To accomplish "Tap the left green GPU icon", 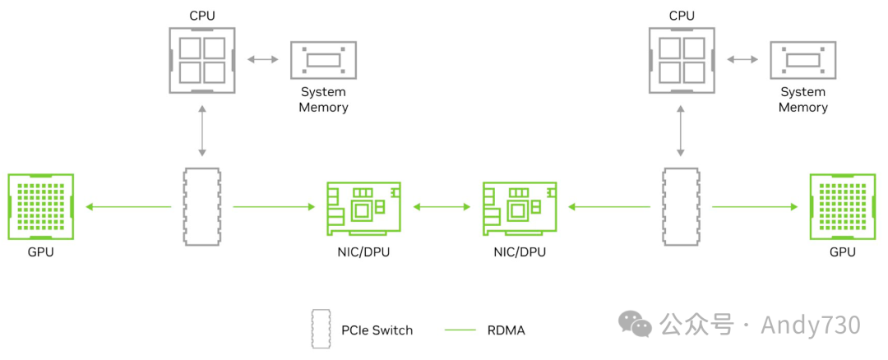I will pyautogui.click(x=40, y=207).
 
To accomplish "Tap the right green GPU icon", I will pyautogui.click(x=842, y=207).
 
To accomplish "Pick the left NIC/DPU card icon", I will pyautogui.click(x=363, y=207).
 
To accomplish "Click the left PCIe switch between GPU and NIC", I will pyautogui.click(x=201, y=207).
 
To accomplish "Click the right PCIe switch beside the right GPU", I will pyautogui.click(x=682, y=207).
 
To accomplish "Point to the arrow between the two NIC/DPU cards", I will pyautogui.click(x=442, y=207).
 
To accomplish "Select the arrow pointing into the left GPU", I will pyautogui.click(x=127, y=207).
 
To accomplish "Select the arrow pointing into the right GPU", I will pyautogui.click(x=754, y=207).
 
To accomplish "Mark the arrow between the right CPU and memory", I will pyautogui.click(x=742, y=59).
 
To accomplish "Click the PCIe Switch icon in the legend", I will pyautogui.click(x=320, y=330).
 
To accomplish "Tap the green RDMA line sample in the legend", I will pyautogui.click(x=460, y=330).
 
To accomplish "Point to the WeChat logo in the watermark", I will pyautogui.click(x=636, y=324).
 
